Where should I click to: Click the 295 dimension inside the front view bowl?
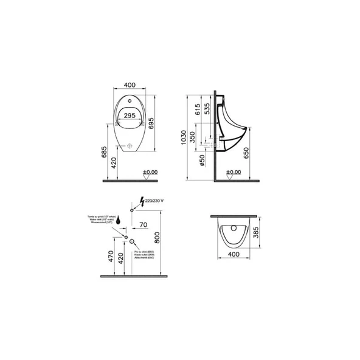coord(129,115)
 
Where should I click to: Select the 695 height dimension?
coord(159,123)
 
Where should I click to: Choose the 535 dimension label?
coord(208,109)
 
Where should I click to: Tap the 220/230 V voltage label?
coord(155,198)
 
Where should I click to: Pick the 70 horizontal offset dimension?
coord(144,225)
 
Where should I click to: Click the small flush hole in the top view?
coord(234,228)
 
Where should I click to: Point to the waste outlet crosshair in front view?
coord(130,147)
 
